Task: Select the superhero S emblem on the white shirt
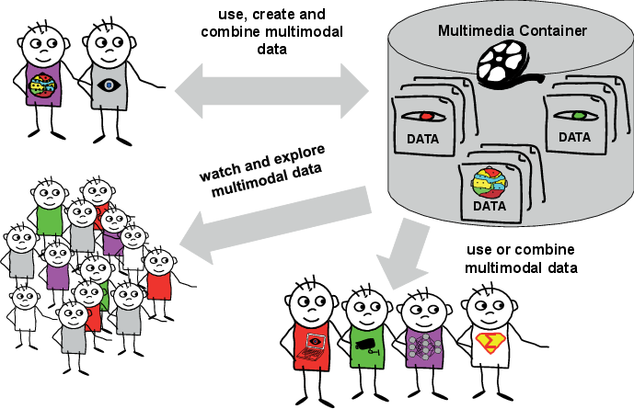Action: (490, 345)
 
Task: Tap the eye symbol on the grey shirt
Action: (108, 87)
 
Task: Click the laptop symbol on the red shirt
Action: (312, 343)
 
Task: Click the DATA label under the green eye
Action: (575, 137)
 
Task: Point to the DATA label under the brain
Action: (490, 206)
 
